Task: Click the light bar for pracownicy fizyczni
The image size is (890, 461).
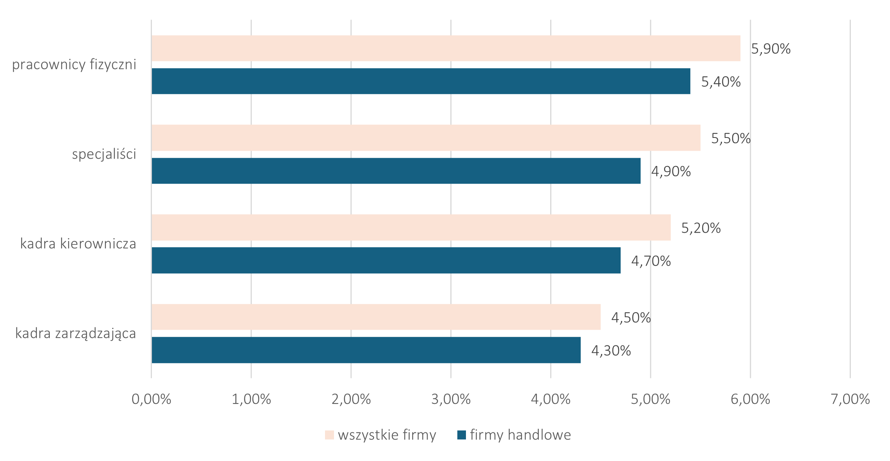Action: click(446, 48)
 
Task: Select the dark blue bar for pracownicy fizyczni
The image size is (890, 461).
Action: click(421, 81)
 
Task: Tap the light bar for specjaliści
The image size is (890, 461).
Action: click(426, 138)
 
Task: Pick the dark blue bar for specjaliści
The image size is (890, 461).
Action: click(396, 171)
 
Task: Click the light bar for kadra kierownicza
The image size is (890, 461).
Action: click(411, 227)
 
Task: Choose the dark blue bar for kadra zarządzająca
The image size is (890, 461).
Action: click(366, 350)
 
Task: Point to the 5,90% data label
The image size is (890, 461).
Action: click(771, 49)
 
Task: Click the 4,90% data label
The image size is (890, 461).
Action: click(671, 172)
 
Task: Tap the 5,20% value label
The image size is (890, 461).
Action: click(701, 228)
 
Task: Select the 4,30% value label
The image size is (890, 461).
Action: click(611, 351)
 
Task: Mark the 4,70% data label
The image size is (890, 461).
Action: click(651, 261)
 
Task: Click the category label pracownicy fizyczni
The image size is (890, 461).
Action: click(74, 65)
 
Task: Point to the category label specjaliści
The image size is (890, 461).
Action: click(104, 154)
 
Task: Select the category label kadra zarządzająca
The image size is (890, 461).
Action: click(76, 334)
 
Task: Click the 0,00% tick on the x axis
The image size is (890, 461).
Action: click(151, 399)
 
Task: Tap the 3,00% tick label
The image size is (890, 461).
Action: click(451, 399)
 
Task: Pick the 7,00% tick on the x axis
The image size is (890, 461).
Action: click(850, 399)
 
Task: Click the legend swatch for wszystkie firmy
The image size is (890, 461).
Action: click(329, 435)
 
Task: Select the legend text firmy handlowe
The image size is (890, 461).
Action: click(520, 435)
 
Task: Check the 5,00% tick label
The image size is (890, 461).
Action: click(650, 399)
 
